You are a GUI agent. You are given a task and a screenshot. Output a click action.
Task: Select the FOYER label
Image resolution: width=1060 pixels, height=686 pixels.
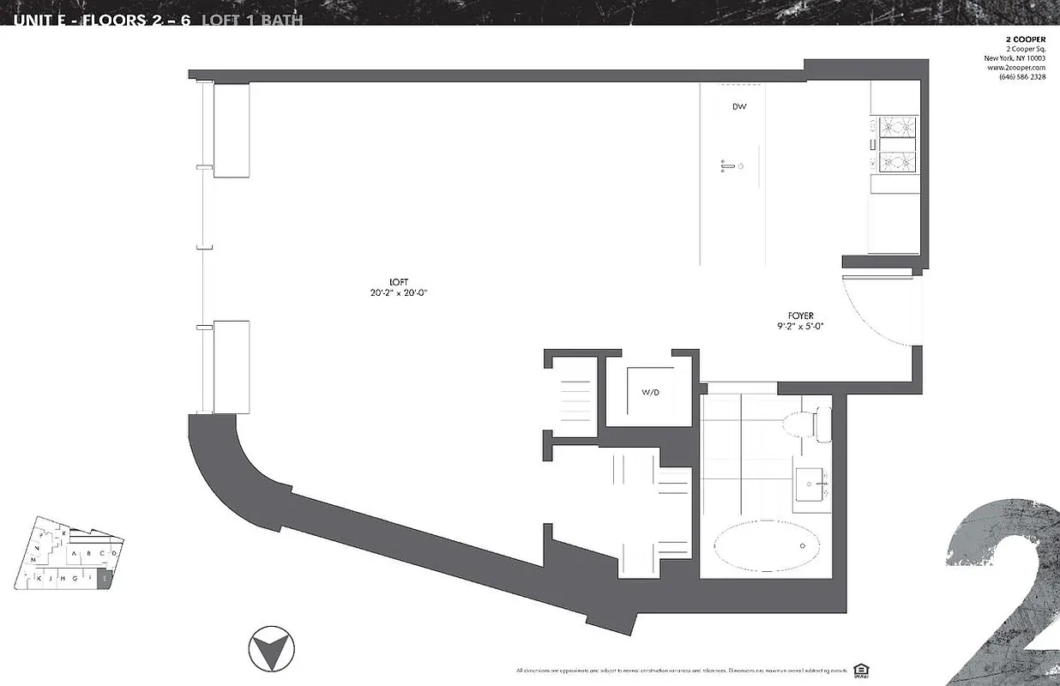(x=801, y=315)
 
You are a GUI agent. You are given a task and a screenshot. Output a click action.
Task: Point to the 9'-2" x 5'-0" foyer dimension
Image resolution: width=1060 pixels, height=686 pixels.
(x=801, y=326)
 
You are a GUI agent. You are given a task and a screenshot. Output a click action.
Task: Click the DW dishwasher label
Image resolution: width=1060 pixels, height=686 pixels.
(x=738, y=107)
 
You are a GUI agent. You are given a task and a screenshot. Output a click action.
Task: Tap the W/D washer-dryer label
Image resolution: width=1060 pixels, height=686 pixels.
(x=649, y=393)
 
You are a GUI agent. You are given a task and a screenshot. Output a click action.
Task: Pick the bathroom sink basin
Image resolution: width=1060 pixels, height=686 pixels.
(x=810, y=485)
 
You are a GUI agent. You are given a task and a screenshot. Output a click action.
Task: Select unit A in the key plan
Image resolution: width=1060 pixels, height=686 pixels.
(x=75, y=554)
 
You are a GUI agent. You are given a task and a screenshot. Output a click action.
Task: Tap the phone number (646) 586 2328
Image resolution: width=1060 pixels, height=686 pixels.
(x=1021, y=77)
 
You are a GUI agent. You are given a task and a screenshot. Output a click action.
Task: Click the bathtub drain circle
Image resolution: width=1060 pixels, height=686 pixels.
(x=803, y=545)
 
